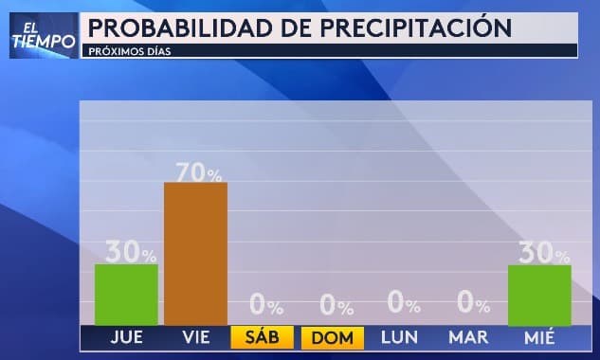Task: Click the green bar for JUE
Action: [126, 295]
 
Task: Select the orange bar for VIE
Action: [195, 254]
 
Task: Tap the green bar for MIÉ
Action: [539, 296]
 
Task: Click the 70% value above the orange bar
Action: [198, 172]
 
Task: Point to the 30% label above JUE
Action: [131, 252]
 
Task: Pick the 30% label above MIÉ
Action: [543, 253]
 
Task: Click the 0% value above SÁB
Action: [266, 305]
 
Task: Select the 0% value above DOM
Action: [336, 305]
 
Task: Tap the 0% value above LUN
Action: [405, 304]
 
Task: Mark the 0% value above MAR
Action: [473, 304]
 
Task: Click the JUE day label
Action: [127, 337]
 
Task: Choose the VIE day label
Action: [196, 337]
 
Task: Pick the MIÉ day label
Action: [539, 337]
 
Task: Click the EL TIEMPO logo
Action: [43, 35]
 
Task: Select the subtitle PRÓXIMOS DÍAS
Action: [129, 50]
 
